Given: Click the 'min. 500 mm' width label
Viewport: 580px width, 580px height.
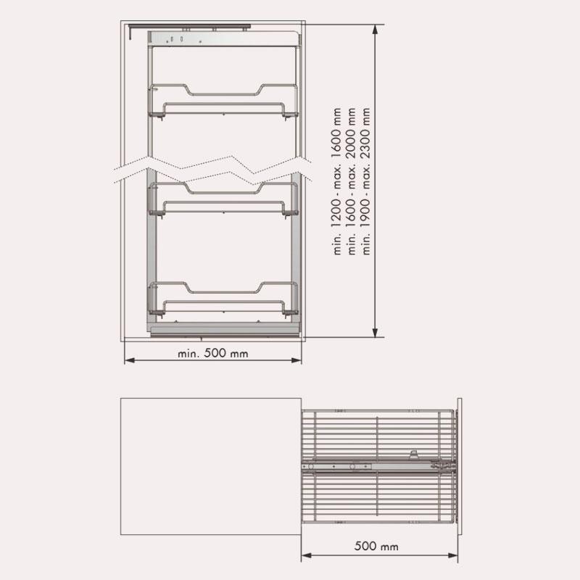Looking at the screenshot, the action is pyautogui.click(x=212, y=353).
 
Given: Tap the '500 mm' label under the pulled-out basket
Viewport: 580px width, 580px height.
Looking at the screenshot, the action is pyautogui.click(x=376, y=547).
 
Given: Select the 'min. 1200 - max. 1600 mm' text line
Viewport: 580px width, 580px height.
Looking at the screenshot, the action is pyautogui.click(x=336, y=181).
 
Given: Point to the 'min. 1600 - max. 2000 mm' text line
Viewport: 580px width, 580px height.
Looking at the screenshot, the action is pyautogui.click(x=352, y=181).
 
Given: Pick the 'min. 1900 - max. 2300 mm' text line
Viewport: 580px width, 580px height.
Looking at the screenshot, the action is pyautogui.click(x=366, y=181).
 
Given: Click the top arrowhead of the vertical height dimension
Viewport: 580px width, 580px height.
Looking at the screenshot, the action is pyautogui.click(x=375, y=30).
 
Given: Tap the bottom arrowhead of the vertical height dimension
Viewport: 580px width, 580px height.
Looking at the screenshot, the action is pyautogui.click(x=375, y=332).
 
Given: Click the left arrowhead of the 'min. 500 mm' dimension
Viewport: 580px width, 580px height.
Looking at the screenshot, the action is pyautogui.click(x=130, y=360).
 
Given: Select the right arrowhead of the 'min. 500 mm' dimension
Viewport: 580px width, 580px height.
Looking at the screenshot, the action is pyautogui.click(x=297, y=360).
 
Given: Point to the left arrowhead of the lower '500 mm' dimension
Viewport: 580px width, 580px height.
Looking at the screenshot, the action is pyautogui.click(x=307, y=555).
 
